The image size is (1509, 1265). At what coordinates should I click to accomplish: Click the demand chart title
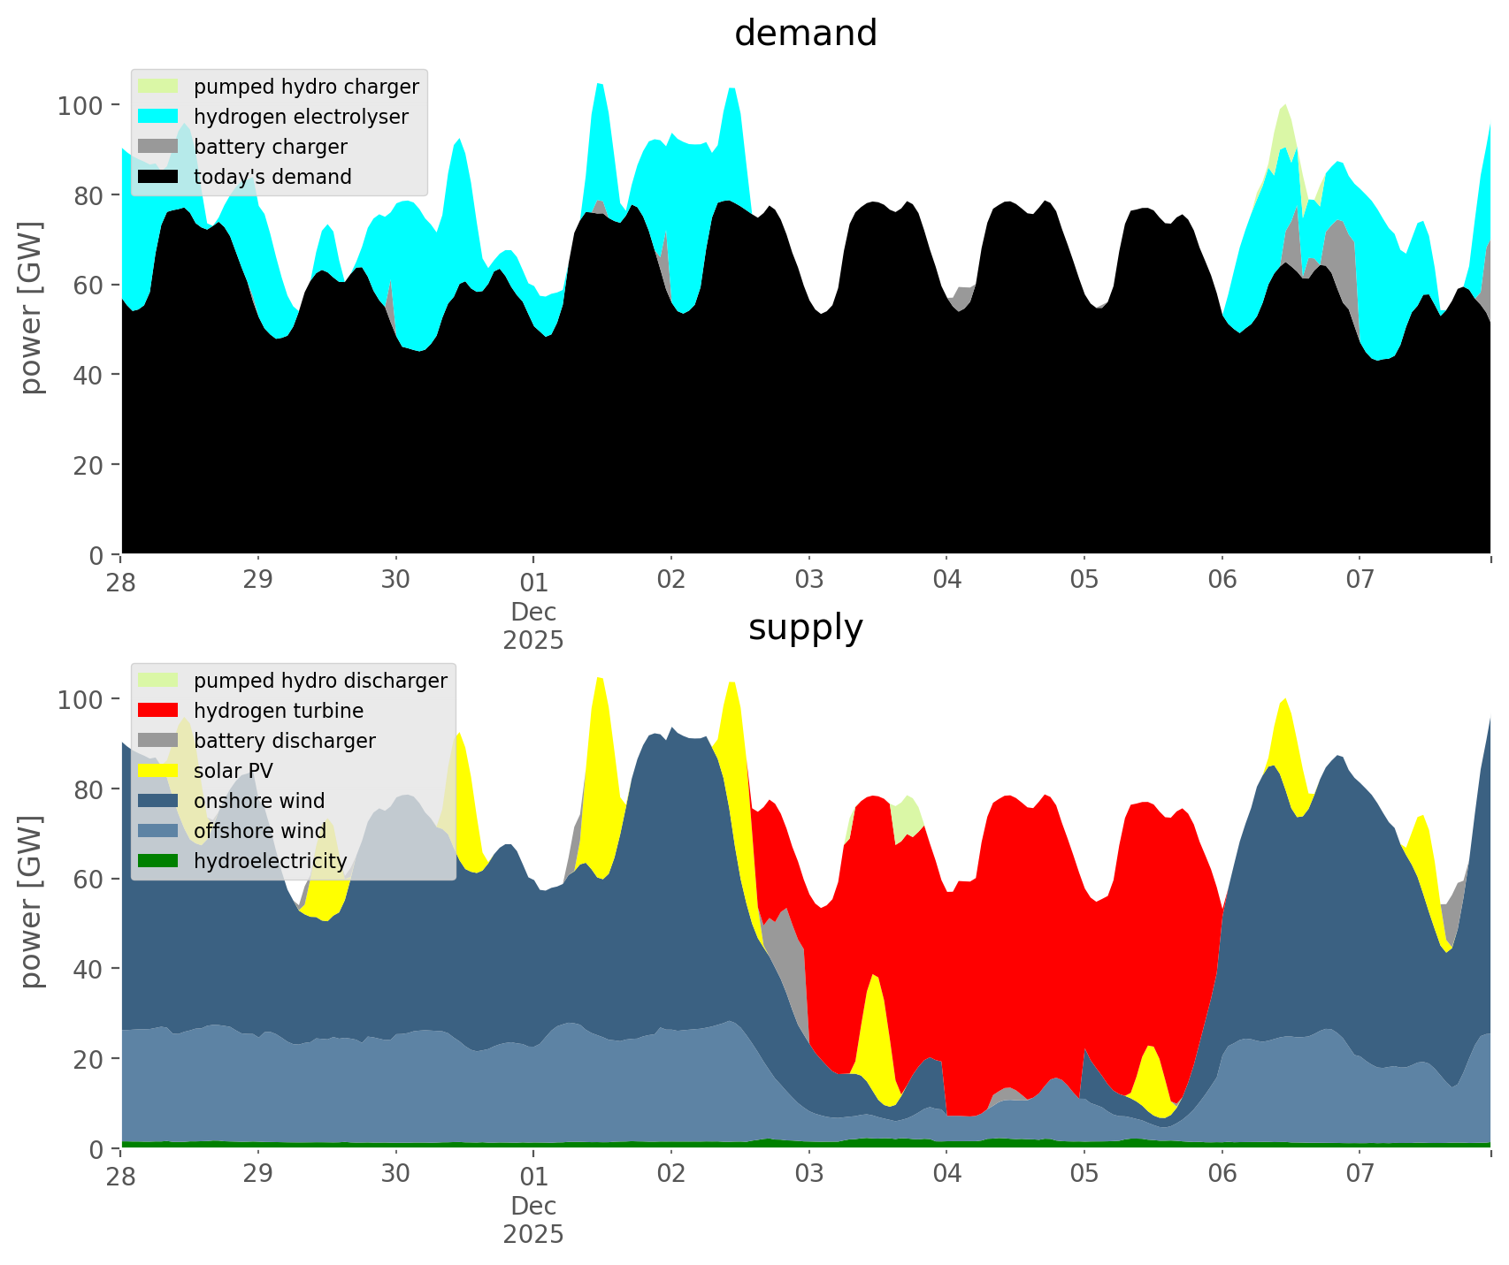point(805,34)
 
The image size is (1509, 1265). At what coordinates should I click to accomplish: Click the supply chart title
point(805,628)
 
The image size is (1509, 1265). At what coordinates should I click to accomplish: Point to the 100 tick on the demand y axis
point(80,106)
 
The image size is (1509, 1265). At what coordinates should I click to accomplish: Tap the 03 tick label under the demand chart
point(808,581)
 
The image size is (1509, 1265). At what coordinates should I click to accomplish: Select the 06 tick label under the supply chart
point(1222,1175)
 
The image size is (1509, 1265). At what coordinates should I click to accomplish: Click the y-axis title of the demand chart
point(31,308)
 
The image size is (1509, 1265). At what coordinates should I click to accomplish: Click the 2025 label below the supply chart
point(533,1234)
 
